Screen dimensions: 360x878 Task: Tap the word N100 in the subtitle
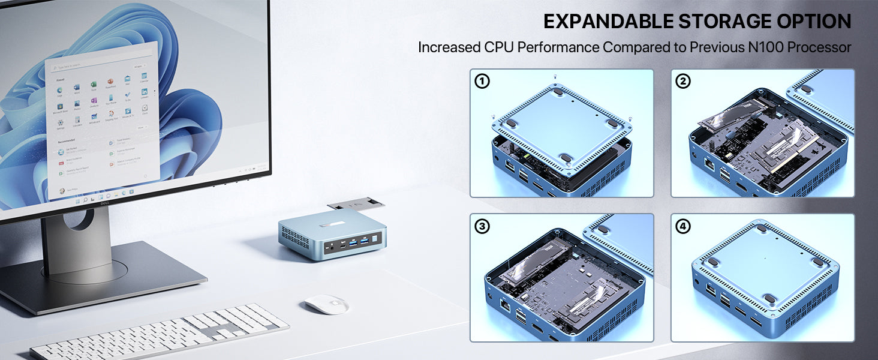coord(766,47)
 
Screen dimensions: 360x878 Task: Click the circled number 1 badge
coord(482,82)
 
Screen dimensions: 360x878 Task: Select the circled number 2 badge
coord(682,82)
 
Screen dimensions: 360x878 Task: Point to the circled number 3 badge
coord(482,226)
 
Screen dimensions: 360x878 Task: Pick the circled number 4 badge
coord(682,226)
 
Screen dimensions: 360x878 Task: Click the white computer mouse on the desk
coord(326,304)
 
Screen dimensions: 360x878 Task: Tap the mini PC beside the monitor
coord(332,237)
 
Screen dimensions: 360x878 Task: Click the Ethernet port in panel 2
coord(709,166)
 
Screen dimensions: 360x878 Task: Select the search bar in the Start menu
coord(96,66)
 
